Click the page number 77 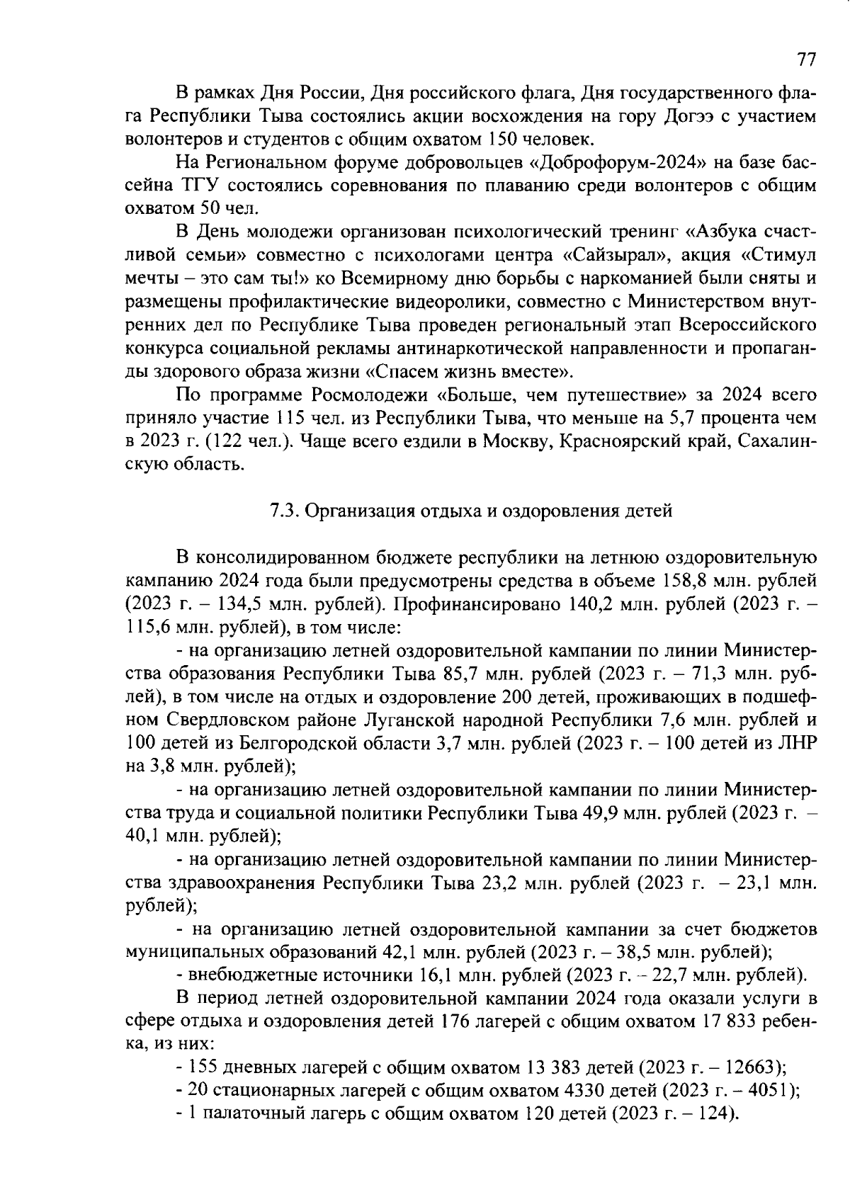[x=806, y=60]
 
